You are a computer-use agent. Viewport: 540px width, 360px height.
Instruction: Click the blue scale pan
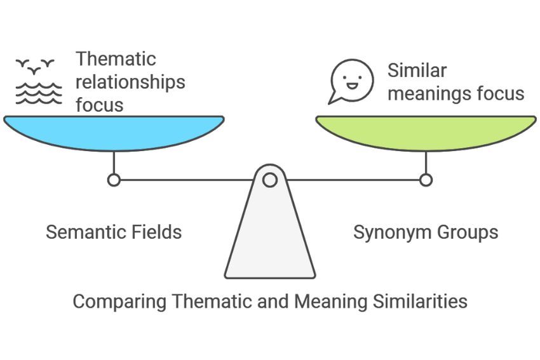pos(114,133)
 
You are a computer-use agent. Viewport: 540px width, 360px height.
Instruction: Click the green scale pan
pos(426,133)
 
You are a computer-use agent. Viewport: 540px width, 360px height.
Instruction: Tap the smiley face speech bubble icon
pos(351,81)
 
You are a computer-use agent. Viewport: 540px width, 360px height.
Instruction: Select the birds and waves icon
pos(39,81)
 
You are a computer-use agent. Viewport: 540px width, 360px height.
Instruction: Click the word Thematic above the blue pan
pos(116,58)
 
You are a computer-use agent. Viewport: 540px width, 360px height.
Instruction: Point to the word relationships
pos(130,82)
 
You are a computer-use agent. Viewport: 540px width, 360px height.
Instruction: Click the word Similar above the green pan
pos(417,70)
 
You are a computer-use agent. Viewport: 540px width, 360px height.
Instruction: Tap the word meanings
pos(429,94)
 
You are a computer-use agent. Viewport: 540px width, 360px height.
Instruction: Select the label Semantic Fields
pos(114,232)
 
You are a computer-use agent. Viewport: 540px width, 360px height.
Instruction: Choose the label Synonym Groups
pos(426,232)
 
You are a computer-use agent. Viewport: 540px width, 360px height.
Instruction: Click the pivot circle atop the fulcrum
pos(269,180)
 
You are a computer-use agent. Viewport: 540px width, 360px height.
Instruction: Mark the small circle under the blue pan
pos(114,180)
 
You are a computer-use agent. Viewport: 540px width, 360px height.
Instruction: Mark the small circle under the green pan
pos(426,180)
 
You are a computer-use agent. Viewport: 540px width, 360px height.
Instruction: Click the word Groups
pos(468,232)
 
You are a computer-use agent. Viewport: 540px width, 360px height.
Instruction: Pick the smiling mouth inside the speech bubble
pos(351,85)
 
